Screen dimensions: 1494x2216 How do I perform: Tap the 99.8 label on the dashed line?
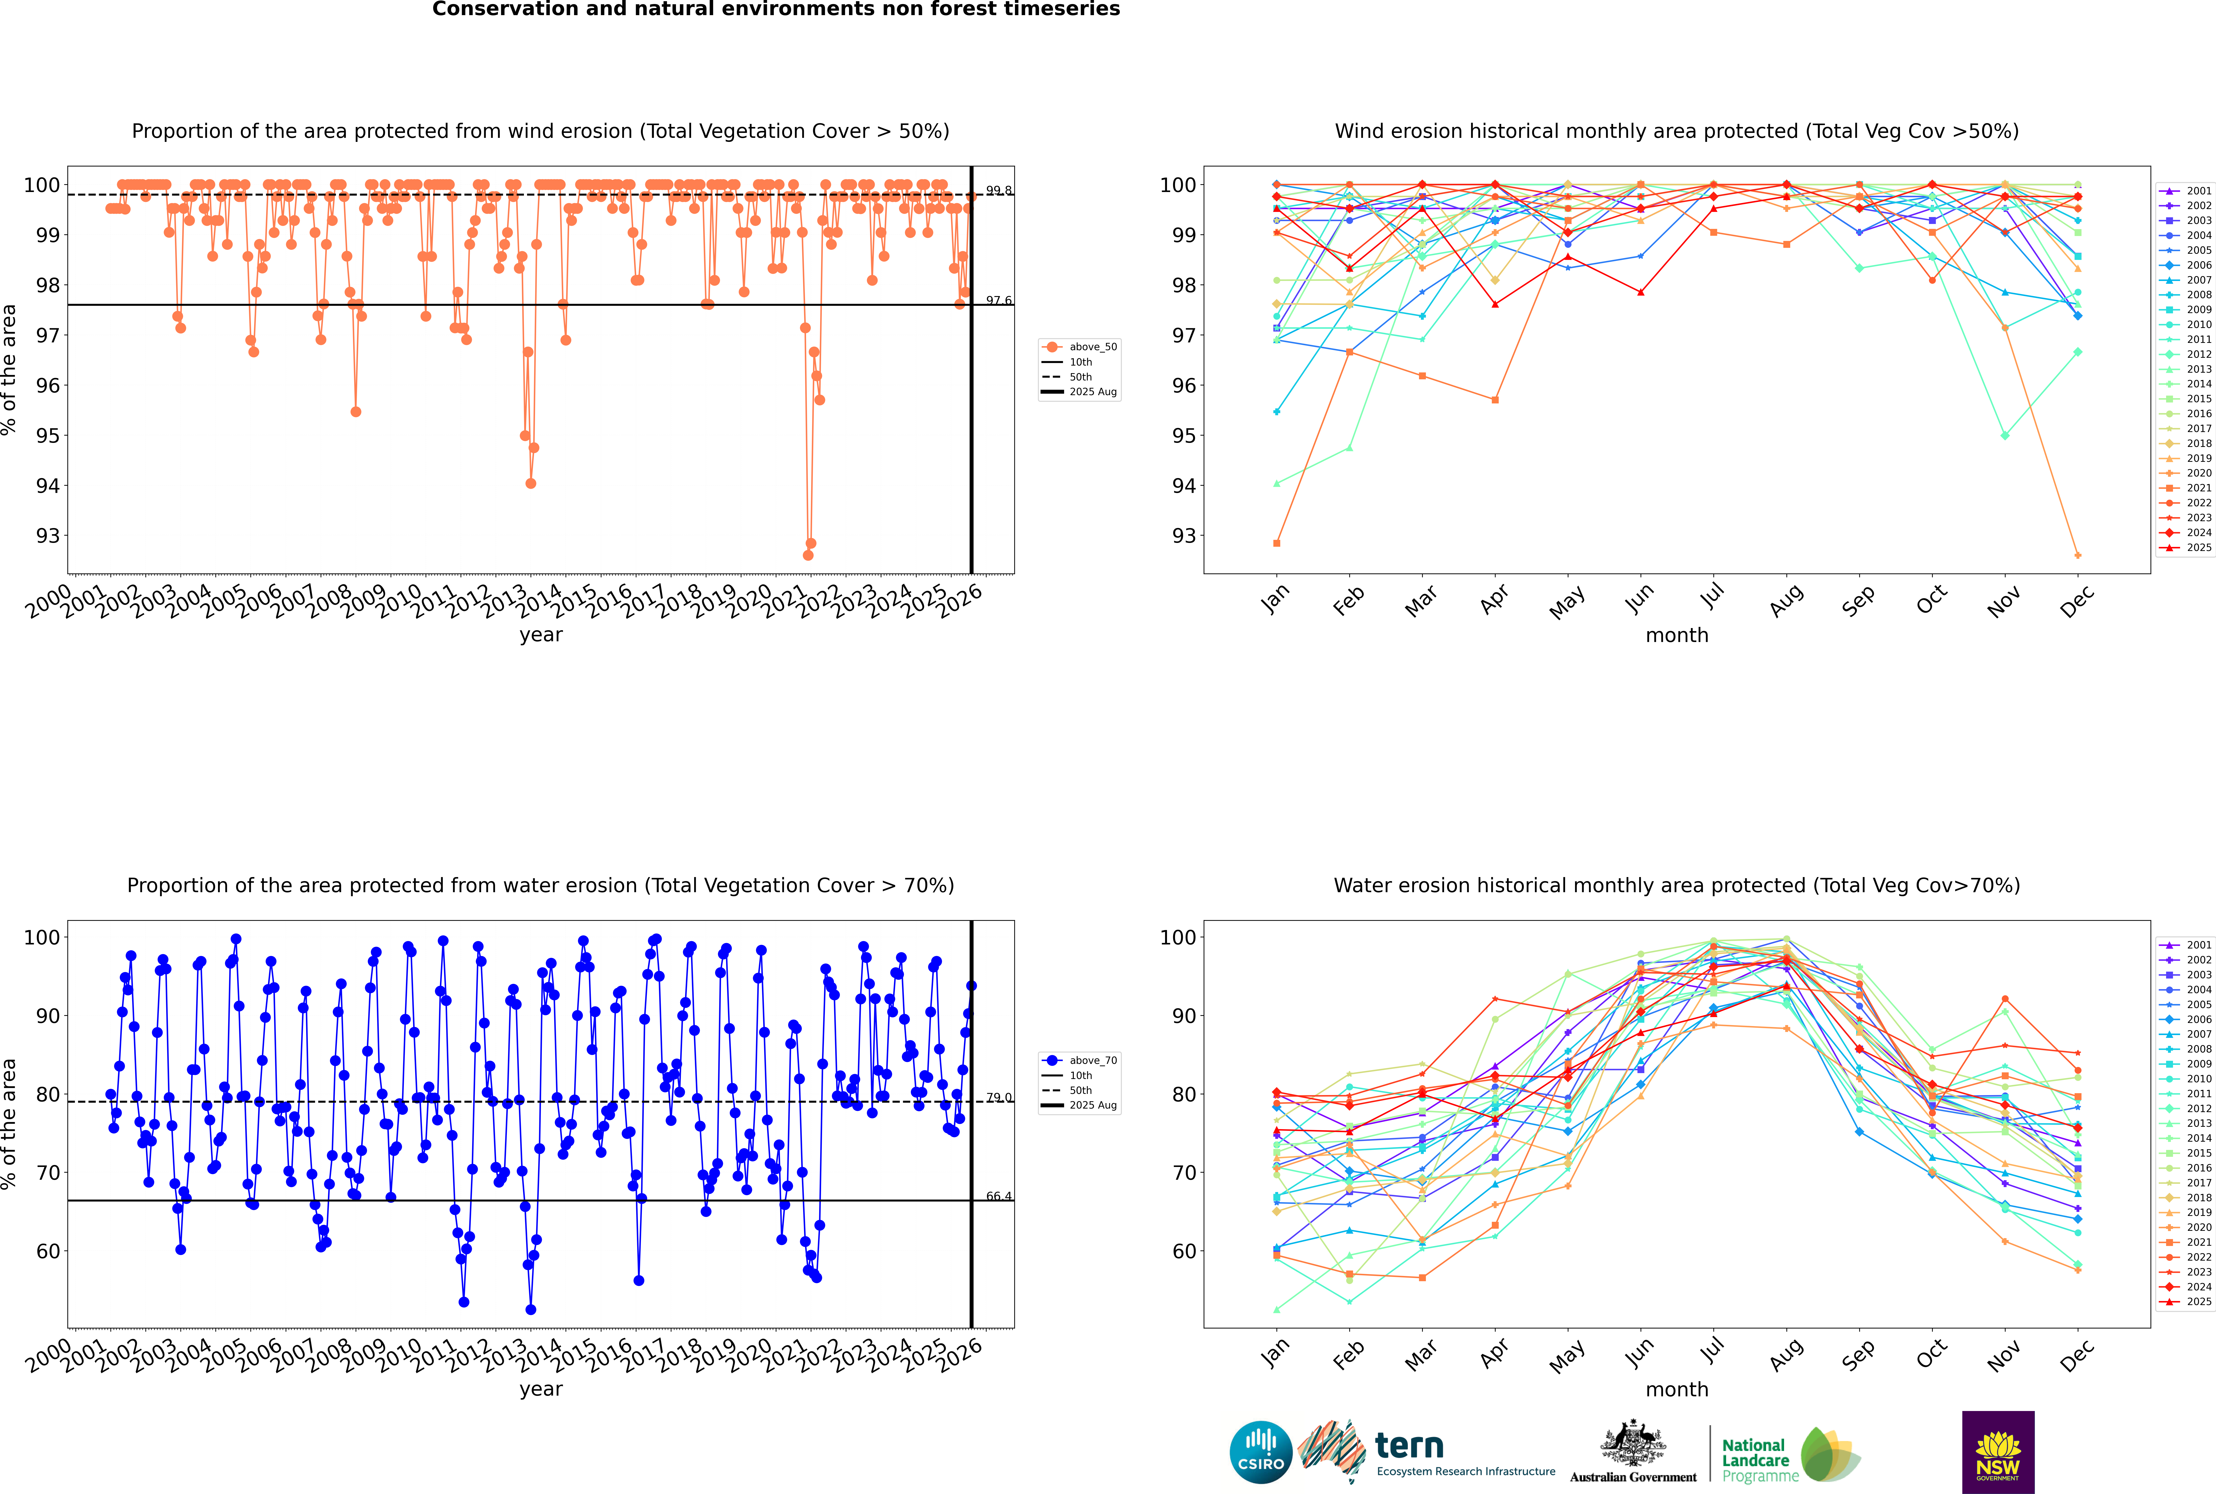(x=998, y=191)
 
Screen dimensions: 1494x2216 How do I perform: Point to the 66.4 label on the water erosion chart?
(x=998, y=1197)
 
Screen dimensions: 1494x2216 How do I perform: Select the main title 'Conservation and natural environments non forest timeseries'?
(x=775, y=9)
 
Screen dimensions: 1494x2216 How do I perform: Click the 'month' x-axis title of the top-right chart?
(x=1677, y=636)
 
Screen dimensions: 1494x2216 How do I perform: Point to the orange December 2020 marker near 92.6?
(x=2078, y=555)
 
